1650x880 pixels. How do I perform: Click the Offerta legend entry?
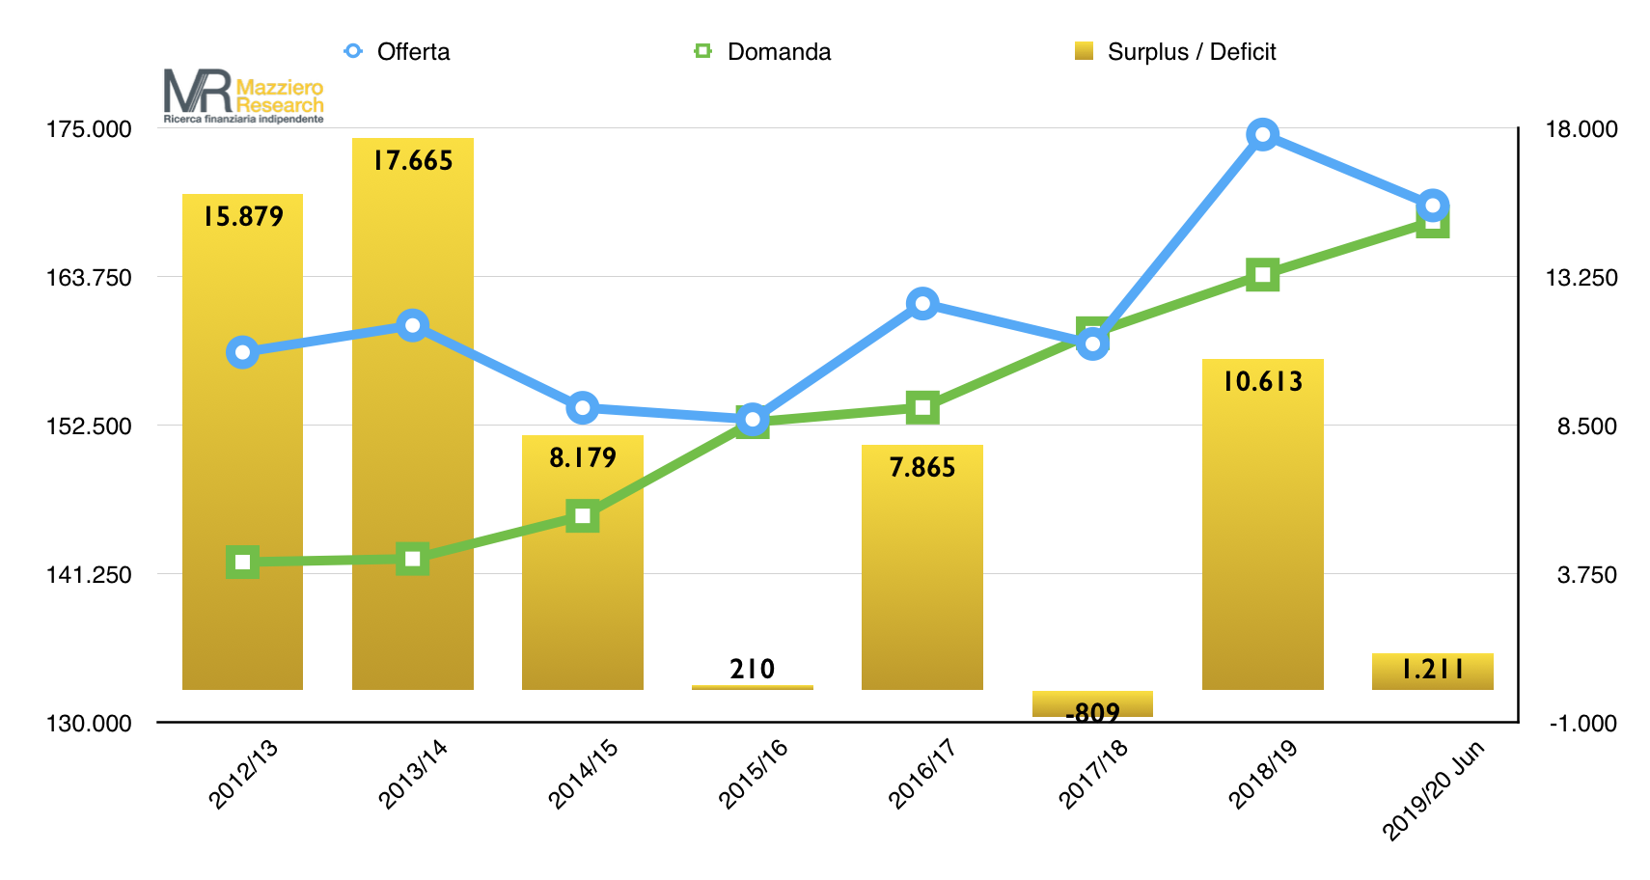point(398,51)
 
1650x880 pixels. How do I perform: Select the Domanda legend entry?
point(762,51)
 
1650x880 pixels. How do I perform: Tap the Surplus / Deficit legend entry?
point(1176,51)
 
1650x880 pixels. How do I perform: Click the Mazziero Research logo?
point(243,96)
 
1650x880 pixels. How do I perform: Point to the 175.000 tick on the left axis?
point(90,129)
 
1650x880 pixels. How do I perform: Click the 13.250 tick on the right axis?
point(1581,278)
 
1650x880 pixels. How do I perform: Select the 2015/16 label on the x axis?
point(753,773)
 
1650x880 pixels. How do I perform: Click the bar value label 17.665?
point(413,160)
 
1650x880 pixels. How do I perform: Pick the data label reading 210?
point(753,669)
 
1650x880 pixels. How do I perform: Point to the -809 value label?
point(1092,713)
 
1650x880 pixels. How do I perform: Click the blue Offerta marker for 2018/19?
point(1262,134)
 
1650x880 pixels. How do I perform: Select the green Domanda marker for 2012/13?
point(242,562)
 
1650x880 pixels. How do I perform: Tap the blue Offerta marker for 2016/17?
point(922,304)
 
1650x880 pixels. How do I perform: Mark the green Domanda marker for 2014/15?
point(582,516)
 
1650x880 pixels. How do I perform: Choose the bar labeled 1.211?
point(1432,672)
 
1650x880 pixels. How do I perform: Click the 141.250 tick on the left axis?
point(90,575)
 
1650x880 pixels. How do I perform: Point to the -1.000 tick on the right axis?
point(1582,724)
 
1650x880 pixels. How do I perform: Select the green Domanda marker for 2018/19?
point(1262,275)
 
